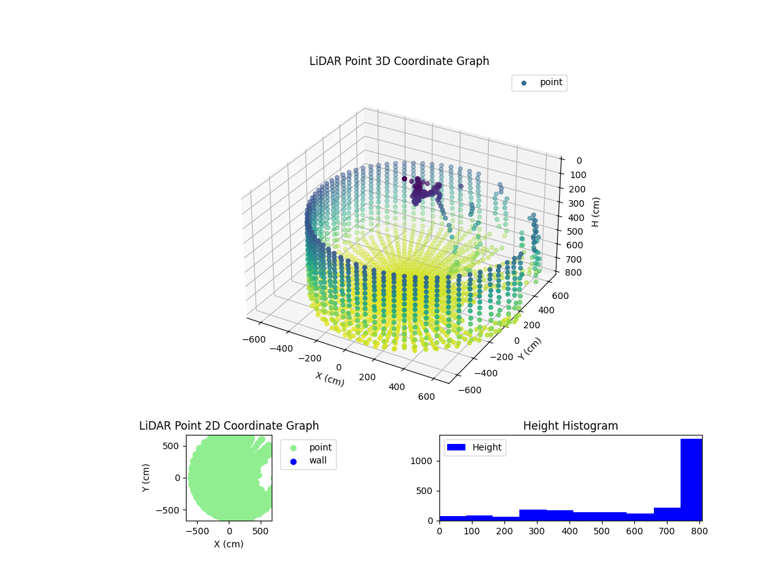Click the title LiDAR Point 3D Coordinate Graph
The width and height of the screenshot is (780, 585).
coord(399,61)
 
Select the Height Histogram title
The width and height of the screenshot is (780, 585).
coord(570,426)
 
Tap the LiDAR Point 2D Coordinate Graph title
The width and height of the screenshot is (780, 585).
coord(229,426)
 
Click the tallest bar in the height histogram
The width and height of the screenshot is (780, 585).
coord(691,479)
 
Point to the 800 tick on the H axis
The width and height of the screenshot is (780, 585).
coord(573,272)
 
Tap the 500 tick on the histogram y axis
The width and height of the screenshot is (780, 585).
coord(426,491)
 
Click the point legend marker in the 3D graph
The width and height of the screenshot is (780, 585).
coord(524,83)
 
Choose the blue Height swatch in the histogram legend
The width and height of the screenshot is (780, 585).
coord(457,447)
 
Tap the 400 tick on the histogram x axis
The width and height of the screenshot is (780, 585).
coord(569,531)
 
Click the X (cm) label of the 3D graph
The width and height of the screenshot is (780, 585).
coord(330,379)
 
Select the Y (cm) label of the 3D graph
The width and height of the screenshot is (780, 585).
coord(529,349)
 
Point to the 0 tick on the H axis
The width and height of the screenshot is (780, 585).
coord(578,161)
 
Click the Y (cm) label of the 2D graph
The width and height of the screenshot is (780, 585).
coord(146,478)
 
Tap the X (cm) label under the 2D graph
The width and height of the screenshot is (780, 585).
coord(229,544)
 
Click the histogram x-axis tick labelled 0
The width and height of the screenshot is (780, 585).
coord(439,531)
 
